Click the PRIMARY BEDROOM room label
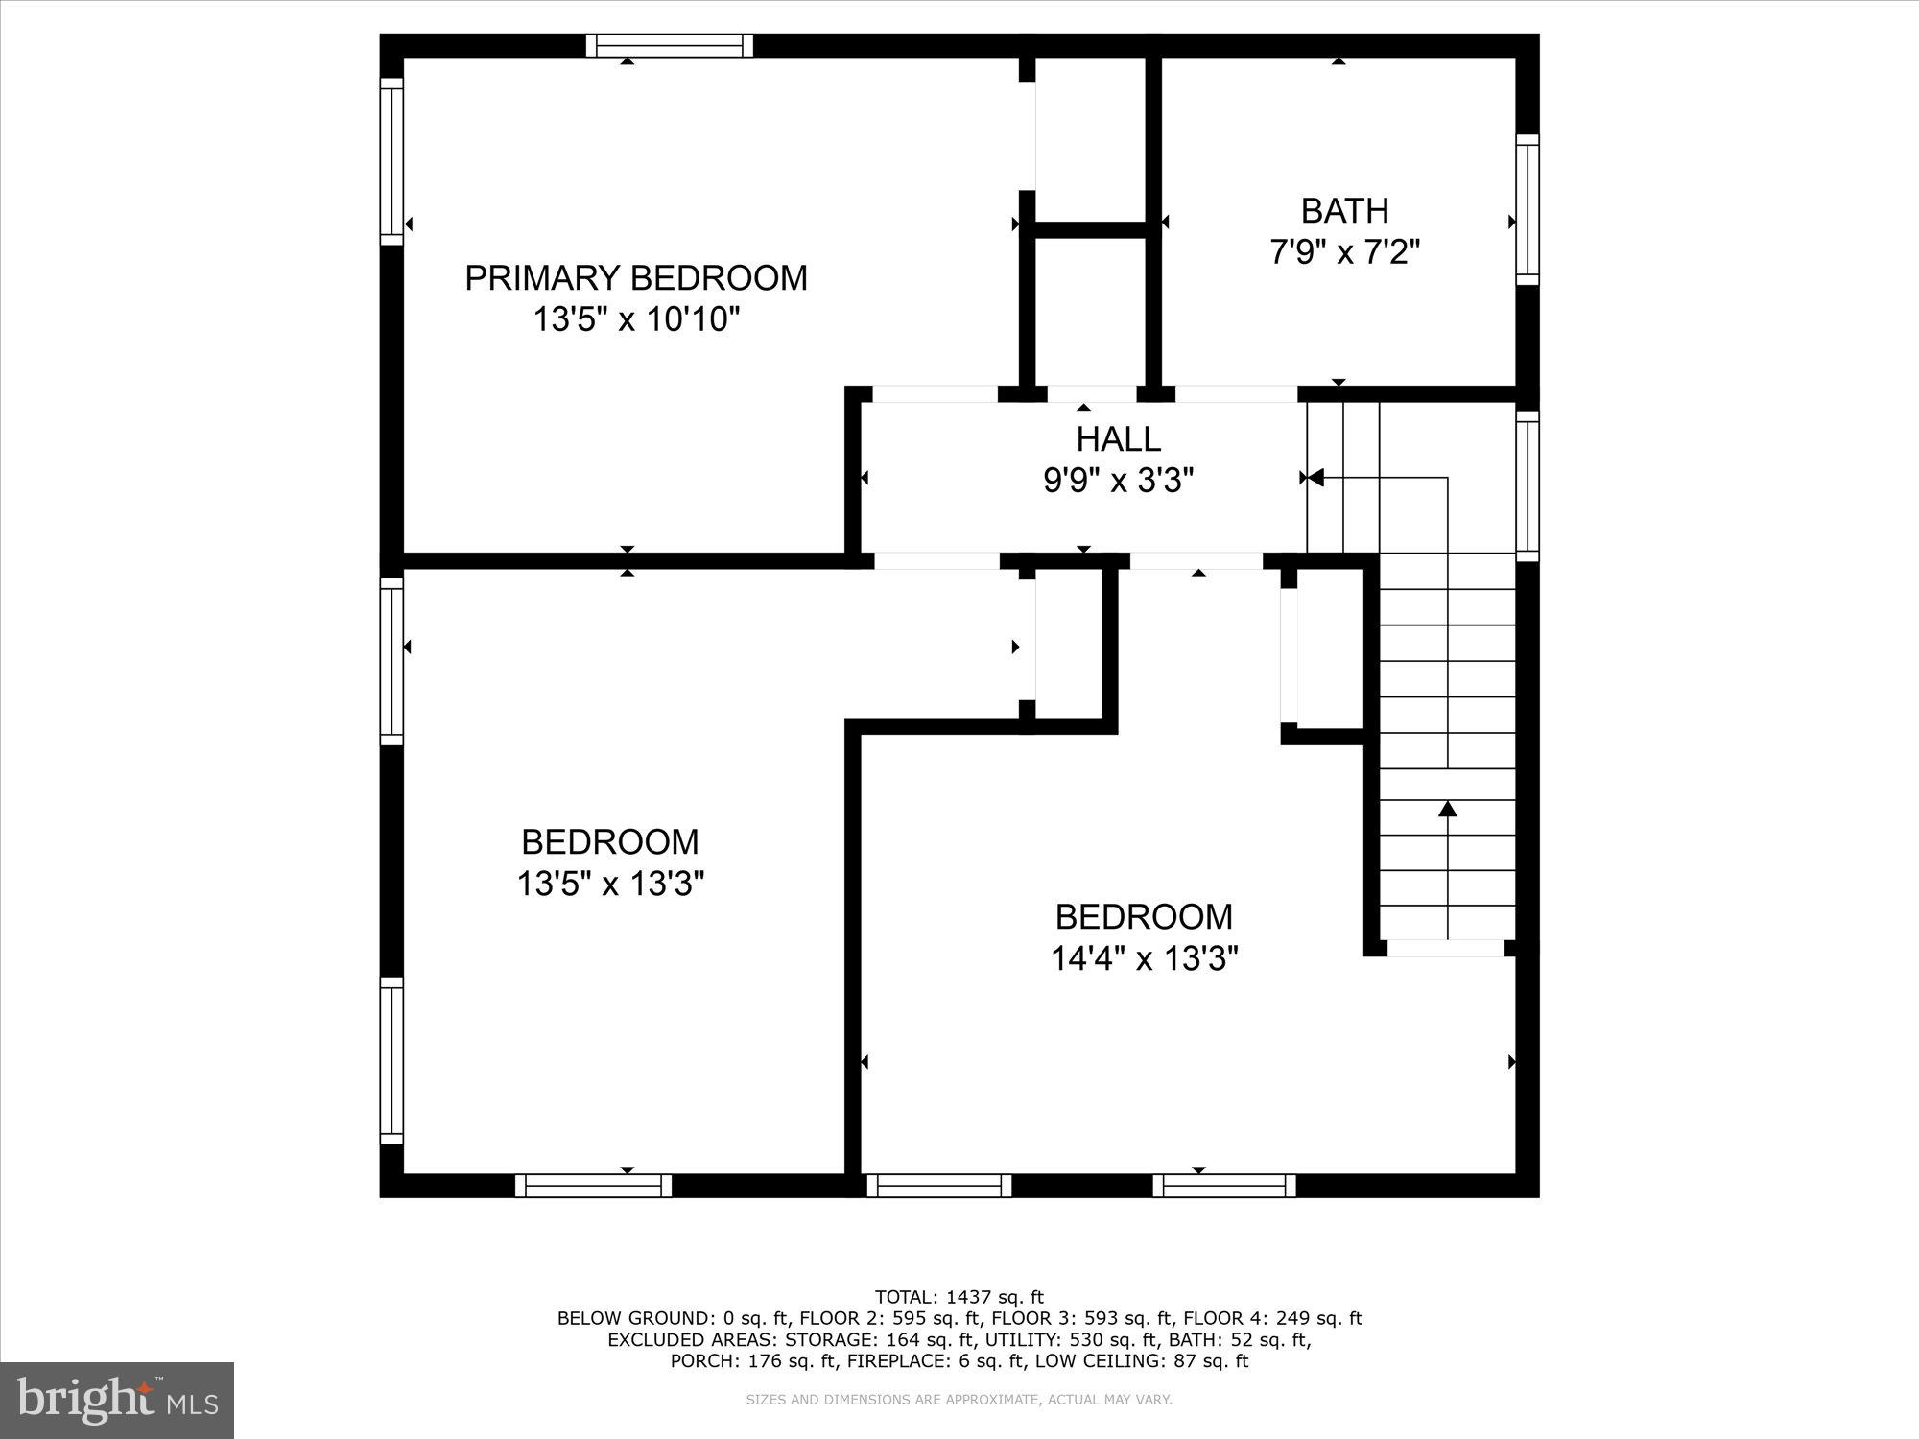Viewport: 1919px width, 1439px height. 636,277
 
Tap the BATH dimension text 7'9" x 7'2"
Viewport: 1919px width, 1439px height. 1344,252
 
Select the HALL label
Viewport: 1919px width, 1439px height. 1118,439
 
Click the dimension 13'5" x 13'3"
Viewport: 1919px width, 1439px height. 610,884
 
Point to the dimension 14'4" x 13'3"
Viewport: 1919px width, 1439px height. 1144,958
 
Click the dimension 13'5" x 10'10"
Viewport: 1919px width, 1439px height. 636,319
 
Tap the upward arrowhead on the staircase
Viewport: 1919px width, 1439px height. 1447,810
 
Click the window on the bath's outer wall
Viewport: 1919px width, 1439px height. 1527,209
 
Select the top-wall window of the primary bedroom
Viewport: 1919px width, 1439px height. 670,45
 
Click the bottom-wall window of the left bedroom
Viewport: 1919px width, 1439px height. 593,1186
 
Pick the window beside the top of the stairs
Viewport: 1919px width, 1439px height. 1527,485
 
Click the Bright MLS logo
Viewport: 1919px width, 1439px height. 117,1401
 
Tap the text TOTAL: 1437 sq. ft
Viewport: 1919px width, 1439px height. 959,1297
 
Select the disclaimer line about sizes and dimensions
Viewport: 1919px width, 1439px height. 959,1400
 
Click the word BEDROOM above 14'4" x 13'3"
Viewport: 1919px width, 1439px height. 1144,917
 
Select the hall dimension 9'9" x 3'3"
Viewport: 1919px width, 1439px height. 1118,481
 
